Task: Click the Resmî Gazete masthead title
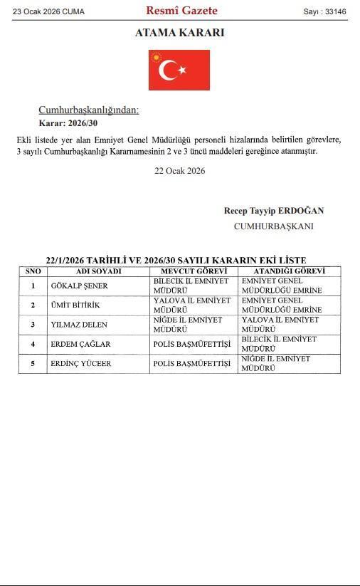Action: pos(181,11)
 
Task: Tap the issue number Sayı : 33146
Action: pos(324,11)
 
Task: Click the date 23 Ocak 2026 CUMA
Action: pos(48,11)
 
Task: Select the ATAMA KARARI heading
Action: pos(179,33)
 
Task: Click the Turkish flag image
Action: pos(179,70)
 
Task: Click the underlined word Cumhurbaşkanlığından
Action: pos(88,110)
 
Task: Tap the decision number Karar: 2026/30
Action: pos(68,123)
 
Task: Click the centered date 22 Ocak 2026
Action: pos(179,171)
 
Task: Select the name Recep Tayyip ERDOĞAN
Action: pos(273,211)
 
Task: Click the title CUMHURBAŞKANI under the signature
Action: pos(273,226)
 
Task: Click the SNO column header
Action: pos(33,271)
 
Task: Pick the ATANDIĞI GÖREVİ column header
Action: pos(289,271)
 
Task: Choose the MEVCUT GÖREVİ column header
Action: pos(194,271)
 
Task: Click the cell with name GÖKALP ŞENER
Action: pos(80,286)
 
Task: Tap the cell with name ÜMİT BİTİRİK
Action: pos(75,305)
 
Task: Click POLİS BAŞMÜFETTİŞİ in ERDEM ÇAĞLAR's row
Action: pos(192,345)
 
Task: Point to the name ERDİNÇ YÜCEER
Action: pos(81,364)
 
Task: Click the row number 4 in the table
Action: pos(33,345)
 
